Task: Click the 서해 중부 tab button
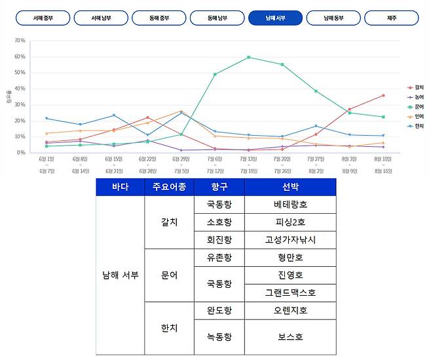(x=43, y=18)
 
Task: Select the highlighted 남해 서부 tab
(x=276, y=18)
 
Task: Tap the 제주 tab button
(x=392, y=18)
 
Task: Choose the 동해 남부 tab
(x=217, y=18)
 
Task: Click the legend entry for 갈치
(x=417, y=87)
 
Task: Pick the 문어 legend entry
(x=417, y=106)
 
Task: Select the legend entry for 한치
(x=417, y=125)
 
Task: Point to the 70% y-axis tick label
(x=20, y=41)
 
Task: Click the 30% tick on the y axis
(x=20, y=104)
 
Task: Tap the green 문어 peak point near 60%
(x=248, y=57)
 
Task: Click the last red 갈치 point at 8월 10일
(x=383, y=95)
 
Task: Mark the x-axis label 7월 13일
(x=248, y=159)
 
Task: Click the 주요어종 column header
(x=169, y=187)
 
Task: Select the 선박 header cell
(x=290, y=187)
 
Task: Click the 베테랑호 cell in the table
(x=290, y=205)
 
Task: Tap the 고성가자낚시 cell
(x=290, y=239)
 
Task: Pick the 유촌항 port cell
(x=219, y=257)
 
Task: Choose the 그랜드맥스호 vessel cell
(x=290, y=292)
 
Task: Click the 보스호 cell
(x=290, y=337)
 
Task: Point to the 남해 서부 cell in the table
(x=120, y=275)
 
